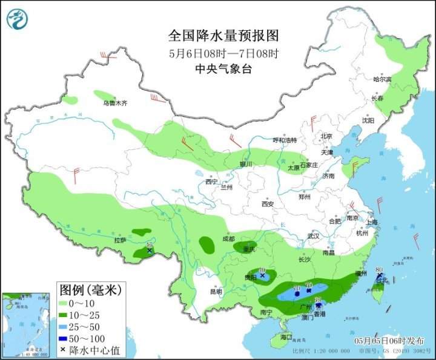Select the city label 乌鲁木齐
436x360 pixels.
point(115,103)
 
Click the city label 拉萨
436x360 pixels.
point(120,240)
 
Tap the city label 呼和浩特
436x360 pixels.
point(285,140)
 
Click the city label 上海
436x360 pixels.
point(372,223)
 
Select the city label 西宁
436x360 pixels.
point(211,182)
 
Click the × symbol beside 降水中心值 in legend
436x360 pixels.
point(62,350)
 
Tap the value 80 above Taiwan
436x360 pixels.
point(379,270)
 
